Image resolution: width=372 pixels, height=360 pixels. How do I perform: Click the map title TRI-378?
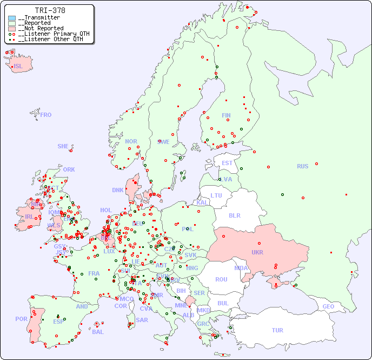click(50, 10)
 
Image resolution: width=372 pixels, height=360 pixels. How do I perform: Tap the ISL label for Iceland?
click(18, 67)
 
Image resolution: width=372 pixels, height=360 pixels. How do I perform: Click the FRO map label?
click(46, 115)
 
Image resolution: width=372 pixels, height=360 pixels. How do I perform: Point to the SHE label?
click(63, 146)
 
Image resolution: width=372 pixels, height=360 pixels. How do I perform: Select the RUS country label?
click(302, 166)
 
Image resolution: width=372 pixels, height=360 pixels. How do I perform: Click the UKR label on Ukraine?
click(257, 252)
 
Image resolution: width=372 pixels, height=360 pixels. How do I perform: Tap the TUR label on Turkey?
click(277, 330)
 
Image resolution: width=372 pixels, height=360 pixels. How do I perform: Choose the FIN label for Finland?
click(226, 115)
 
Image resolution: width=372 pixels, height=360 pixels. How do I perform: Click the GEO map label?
click(328, 306)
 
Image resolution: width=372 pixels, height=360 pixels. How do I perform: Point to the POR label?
click(21, 319)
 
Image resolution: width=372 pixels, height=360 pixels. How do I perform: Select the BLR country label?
click(235, 215)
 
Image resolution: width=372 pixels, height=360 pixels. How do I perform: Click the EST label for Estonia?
click(227, 163)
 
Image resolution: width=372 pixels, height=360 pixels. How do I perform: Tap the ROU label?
click(221, 279)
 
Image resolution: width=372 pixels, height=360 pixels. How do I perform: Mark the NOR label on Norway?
click(131, 141)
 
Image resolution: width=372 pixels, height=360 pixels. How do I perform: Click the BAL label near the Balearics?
click(98, 332)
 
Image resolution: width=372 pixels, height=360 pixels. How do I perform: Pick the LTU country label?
click(216, 195)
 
